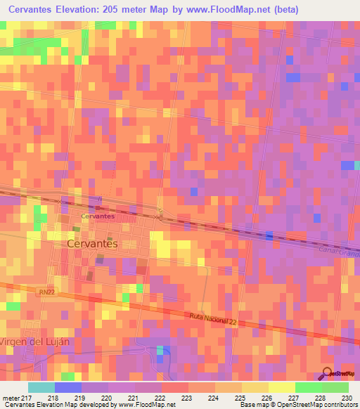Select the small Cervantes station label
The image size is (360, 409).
tap(98, 216)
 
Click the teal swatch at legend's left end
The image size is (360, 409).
tap(41, 387)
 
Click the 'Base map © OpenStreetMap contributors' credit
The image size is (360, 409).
tap(297, 405)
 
